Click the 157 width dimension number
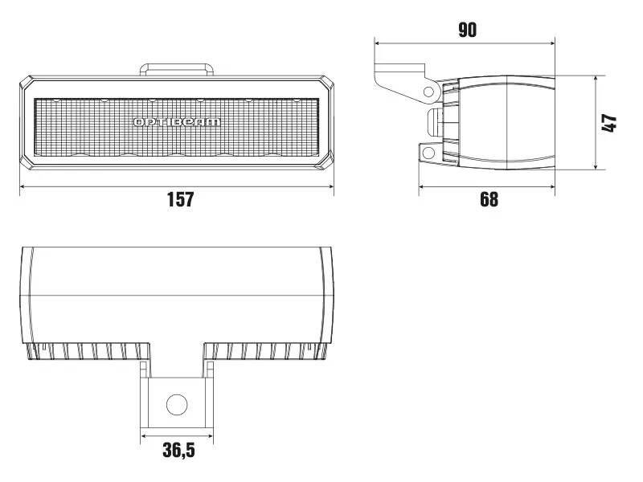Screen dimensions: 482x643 click(180, 199)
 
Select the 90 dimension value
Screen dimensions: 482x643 click(467, 31)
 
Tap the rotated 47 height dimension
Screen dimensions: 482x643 click(609, 123)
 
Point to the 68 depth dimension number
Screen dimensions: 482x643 click(489, 199)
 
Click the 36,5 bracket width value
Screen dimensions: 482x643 click(178, 451)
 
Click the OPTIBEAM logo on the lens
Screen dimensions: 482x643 click(176, 122)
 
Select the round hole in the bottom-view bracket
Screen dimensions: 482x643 click(177, 404)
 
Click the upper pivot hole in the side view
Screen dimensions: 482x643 click(428, 90)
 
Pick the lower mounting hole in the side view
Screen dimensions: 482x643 click(428, 152)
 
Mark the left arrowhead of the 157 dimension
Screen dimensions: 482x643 click(23, 186)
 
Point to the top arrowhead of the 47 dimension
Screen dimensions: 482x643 click(596, 80)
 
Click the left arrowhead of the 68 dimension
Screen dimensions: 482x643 click(422, 186)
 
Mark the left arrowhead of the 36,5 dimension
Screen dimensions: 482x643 click(145, 438)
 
